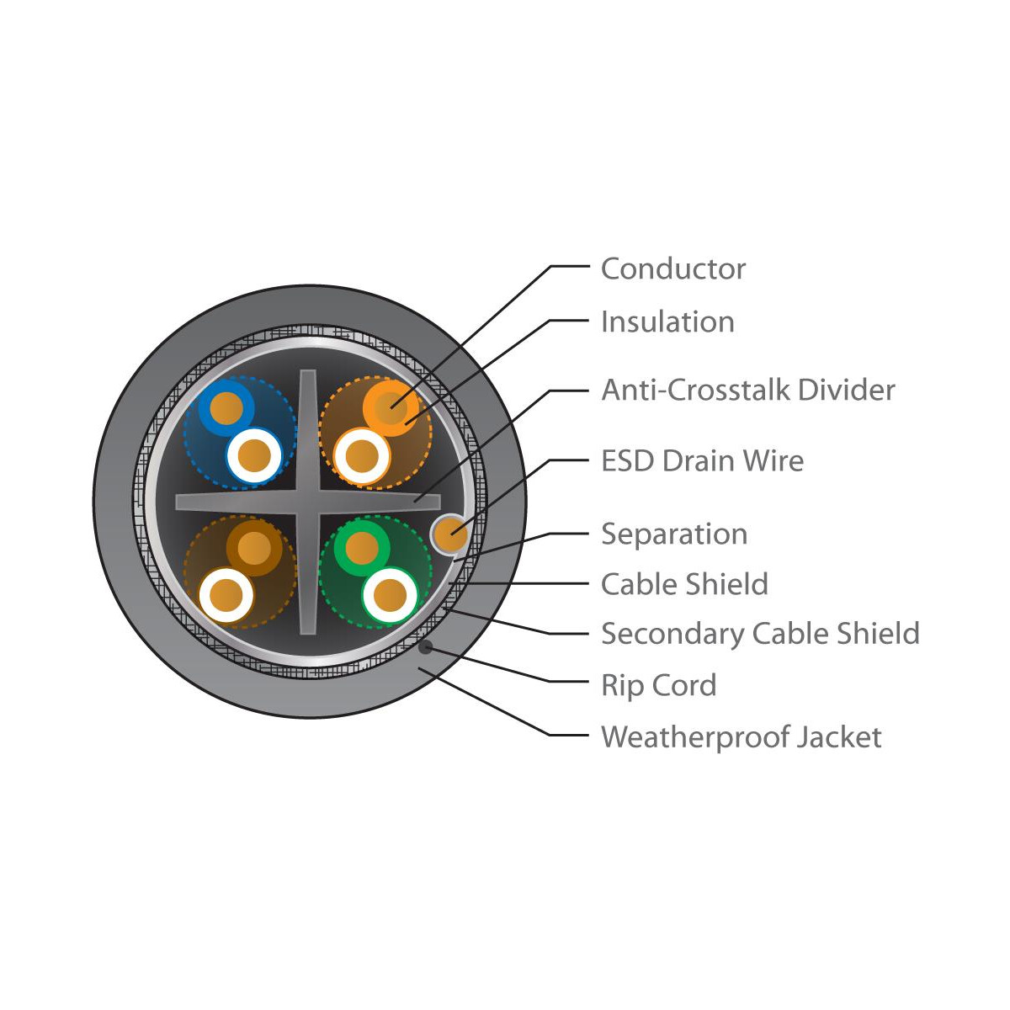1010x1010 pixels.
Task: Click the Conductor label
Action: (x=672, y=268)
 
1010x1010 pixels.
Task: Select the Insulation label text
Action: (x=667, y=322)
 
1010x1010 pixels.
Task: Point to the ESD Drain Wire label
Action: (x=702, y=460)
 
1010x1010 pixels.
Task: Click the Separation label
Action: (x=674, y=534)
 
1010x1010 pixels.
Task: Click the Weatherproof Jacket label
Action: (x=742, y=736)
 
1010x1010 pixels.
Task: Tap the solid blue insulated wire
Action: (x=226, y=407)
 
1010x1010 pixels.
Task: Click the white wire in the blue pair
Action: (x=254, y=455)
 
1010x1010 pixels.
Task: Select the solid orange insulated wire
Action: (x=391, y=407)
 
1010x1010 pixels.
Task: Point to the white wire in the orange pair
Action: (x=362, y=455)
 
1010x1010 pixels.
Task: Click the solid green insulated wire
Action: (x=362, y=548)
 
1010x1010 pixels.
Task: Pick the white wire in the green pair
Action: (x=390, y=595)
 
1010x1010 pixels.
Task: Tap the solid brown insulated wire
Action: (x=254, y=548)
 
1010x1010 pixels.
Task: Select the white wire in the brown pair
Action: (x=226, y=595)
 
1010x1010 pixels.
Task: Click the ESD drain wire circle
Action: (x=449, y=534)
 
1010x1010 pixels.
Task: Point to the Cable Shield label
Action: (x=684, y=584)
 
